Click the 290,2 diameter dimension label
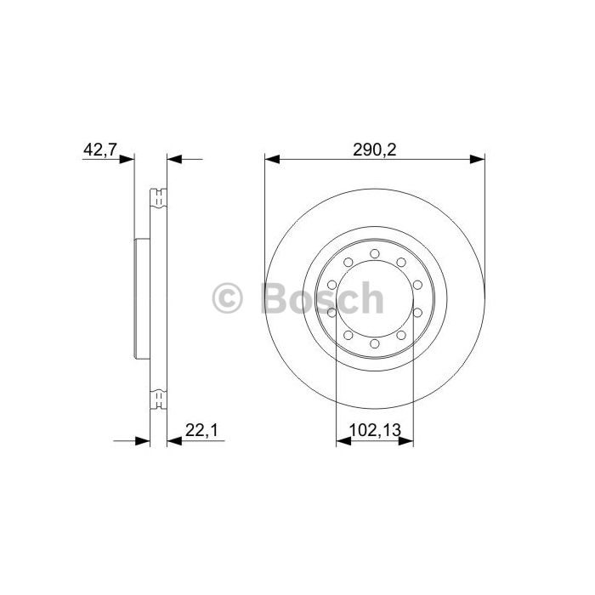(x=374, y=150)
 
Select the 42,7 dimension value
(x=99, y=149)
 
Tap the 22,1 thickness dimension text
(x=201, y=430)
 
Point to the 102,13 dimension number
(x=375, y=430)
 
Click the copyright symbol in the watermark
(x=227, y=297)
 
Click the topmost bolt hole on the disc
(x=375, y=253)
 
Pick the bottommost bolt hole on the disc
(x=375, y=343)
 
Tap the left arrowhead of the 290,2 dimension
(x=272, y=160)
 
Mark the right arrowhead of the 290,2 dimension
(x=478, y=160)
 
